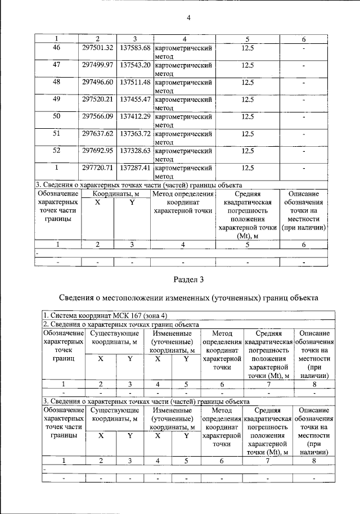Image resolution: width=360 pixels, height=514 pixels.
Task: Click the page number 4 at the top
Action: pos(189,17)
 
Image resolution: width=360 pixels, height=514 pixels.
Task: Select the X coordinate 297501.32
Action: pos(98,48)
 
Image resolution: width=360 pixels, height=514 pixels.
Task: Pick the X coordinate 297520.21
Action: pos(98,99)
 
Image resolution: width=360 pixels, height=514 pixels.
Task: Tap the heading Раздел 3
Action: pos(188,279)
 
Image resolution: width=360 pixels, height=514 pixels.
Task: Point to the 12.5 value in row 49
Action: pos(247,99)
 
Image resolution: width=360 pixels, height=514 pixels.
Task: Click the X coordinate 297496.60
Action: pos(98,82)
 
